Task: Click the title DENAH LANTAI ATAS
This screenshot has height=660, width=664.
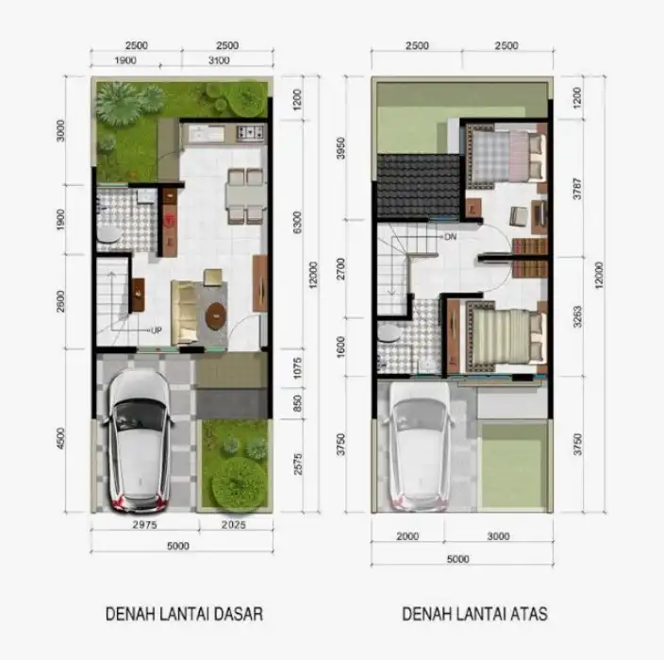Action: (x=474, y=614)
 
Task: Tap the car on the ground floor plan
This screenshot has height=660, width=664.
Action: (x=141, y=438)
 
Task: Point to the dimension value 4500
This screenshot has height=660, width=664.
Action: (x=62, y=439)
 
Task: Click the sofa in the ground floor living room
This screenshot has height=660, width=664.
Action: (x=186, y=310)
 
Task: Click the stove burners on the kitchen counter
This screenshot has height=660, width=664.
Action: (x=250, y=132)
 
